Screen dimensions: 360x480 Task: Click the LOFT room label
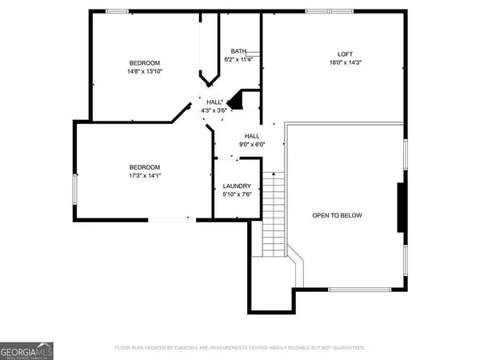click(x=341, y=54)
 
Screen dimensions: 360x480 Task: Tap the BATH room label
click(x=239, y=50)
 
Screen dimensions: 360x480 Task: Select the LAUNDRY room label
click(x=237, y=186)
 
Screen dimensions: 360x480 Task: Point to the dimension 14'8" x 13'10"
click(x=146, y=72)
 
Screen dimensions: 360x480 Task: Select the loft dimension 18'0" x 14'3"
click(x=341, y=62)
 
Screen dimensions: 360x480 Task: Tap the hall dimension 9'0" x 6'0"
click(x=252, y=144)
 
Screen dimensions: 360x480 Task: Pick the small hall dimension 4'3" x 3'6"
click(x=214, y=110)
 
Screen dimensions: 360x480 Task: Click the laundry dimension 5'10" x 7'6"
click(x=237, y=194)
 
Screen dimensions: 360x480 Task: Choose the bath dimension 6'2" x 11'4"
click(x=239, y=58)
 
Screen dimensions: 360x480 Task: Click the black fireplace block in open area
click(x=401, y=207)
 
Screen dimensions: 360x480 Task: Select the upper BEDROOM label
click(x=146, y=63)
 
